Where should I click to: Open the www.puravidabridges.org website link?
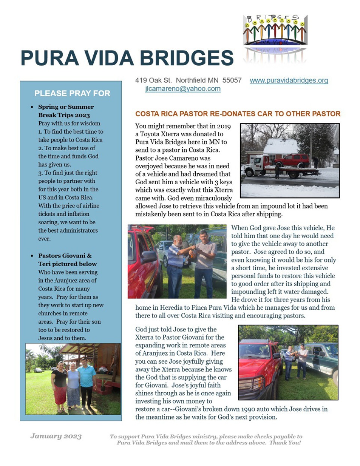point(289,80)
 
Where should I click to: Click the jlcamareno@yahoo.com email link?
point(183,89)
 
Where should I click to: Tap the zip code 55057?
point(232,80)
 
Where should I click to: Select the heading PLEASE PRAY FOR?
point(72,93)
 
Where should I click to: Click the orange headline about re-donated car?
point(238,114)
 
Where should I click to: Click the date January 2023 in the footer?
point(56,436)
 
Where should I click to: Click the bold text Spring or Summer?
point(66,107)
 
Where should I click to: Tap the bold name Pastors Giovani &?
point(65,255)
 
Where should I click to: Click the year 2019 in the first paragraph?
point(224,126)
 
